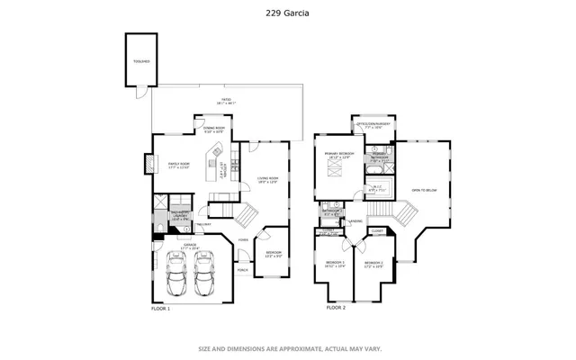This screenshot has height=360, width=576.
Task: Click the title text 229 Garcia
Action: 288,13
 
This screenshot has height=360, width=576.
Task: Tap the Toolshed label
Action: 139,62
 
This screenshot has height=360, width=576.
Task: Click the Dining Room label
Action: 214,130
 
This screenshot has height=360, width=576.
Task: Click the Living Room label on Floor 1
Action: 268,180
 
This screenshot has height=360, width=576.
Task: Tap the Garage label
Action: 191,244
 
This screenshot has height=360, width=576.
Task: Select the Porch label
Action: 242,269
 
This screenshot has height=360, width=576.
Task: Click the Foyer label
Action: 243,239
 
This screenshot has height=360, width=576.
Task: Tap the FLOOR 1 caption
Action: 160,308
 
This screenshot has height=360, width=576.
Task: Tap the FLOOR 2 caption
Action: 336,308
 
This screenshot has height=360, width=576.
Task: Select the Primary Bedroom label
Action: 340,155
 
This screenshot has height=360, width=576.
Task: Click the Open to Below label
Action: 425,190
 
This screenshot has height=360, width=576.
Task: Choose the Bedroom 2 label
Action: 335,265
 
